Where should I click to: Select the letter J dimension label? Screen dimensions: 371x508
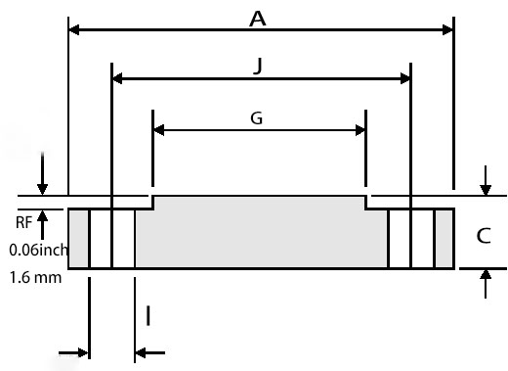point(258,65)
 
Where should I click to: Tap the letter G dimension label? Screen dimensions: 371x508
point(256,118)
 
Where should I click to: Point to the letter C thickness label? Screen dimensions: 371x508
point(483,236)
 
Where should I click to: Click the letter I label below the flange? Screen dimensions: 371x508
point(148,315)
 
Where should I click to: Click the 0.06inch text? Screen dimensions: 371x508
point(38,250)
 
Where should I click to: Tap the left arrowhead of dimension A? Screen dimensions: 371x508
point(74,29)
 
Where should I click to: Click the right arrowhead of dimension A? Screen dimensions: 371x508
point(448,29)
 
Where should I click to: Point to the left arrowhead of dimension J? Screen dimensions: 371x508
point(119,78)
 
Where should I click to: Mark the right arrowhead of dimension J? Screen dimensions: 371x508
point(404,78)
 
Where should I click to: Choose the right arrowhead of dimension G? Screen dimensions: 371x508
point(360,130)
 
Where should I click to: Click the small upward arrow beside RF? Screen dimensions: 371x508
point(42,215)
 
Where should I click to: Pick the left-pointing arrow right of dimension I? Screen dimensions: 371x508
point(142,352)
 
